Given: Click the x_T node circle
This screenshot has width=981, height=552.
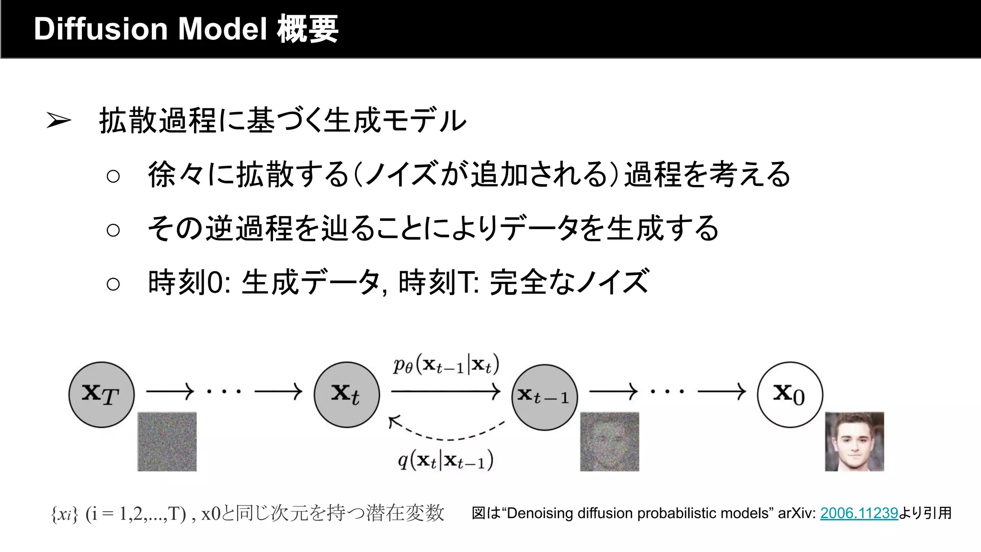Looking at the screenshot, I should coord(101,394).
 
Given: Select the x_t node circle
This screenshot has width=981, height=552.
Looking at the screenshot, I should coord(347,394).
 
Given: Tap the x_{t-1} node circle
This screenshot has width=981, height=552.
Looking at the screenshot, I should coord(544,397).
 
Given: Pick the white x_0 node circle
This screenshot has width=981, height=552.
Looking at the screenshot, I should coord(790,394).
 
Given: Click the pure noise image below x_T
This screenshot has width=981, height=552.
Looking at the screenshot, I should coord(167,441).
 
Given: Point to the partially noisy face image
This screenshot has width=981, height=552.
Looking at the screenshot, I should coord(610,441).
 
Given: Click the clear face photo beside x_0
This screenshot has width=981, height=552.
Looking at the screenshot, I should coord(855,441).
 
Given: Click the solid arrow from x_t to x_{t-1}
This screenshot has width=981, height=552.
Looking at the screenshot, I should coord(445,391).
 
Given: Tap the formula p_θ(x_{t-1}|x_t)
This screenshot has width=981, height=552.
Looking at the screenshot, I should coord(446,365).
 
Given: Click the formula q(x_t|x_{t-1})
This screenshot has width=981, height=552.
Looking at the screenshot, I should coord(446,460).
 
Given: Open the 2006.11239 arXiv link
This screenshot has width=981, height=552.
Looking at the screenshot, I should coord(859,513).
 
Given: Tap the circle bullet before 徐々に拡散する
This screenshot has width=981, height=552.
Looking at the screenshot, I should coord(113,176).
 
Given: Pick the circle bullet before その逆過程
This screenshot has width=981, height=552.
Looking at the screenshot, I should coord(113,230).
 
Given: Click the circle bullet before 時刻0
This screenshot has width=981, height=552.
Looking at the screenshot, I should coord(113,284).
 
